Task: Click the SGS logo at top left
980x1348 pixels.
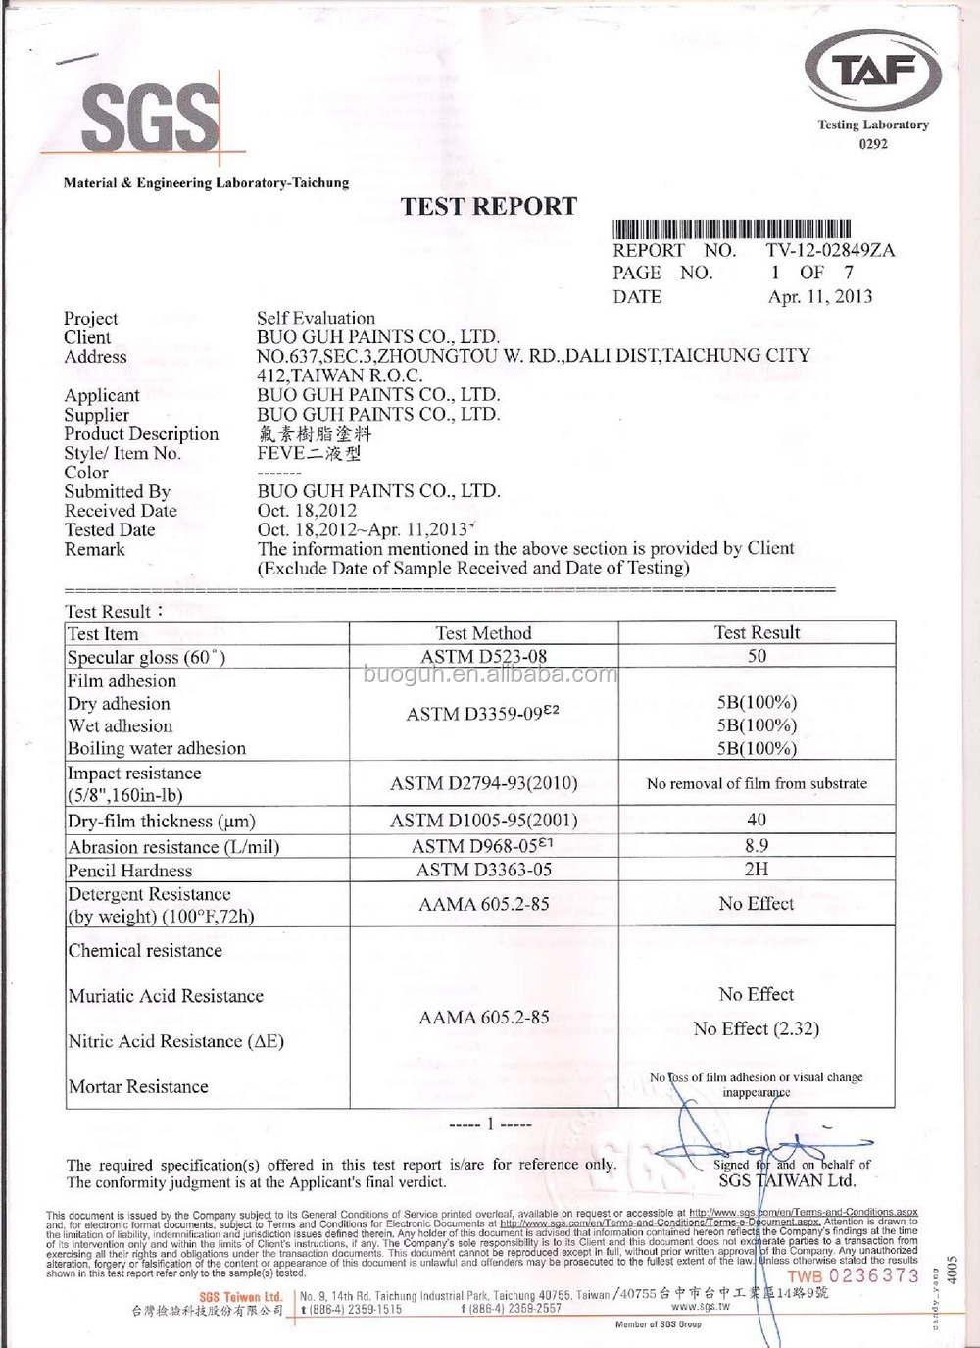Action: (x=150, y=118)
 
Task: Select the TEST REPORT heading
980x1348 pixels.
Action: (x=489, y=206)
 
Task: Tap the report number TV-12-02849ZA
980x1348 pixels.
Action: (x=830, y=250)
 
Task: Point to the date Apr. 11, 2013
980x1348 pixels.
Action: (x=820, y=296)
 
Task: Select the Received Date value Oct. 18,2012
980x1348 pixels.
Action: (x=307, y=510)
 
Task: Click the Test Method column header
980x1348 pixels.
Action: (x=483, y=633)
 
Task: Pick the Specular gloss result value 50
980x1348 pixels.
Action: (x=757, y=656)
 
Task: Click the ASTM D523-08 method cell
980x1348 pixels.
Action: (x=483, y=656)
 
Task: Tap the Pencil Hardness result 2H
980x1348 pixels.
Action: (x=757, y=869)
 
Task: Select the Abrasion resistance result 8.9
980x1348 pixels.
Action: (x=757, y=845)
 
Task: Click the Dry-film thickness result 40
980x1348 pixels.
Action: (x=757, y=820)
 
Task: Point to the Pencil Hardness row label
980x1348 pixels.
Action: (x=129, y=871)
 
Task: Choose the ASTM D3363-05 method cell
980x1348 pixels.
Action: (x=483, y=870)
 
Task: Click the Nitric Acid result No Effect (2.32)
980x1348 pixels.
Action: (x=756, y=1028)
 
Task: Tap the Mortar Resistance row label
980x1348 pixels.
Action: (x=138, y=1086)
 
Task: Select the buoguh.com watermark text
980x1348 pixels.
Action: (x=490, y=674)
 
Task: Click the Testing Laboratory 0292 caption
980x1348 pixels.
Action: (x=873, y=133)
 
